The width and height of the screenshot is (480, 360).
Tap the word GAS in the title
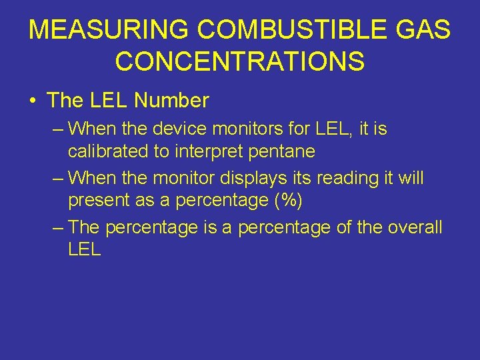422,30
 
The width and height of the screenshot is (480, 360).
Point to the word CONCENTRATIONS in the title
240,61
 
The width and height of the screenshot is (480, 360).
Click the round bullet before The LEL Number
32,101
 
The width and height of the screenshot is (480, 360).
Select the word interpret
209,151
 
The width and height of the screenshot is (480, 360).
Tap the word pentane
282,151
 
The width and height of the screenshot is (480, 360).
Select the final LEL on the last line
85,251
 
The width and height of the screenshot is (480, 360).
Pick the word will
409,178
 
